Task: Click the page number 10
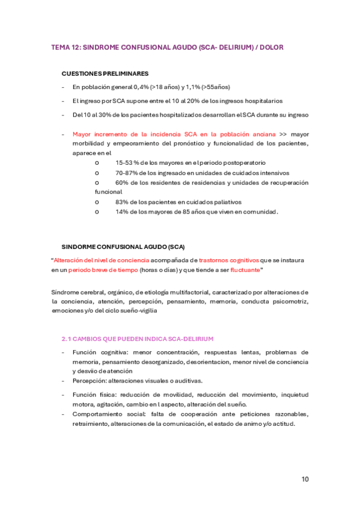coord(305,479)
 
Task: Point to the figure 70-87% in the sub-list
coord(127,173)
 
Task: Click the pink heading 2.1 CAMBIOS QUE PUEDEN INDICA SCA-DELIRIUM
coord(137,339)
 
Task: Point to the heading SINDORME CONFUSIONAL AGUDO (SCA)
coord(123,247)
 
